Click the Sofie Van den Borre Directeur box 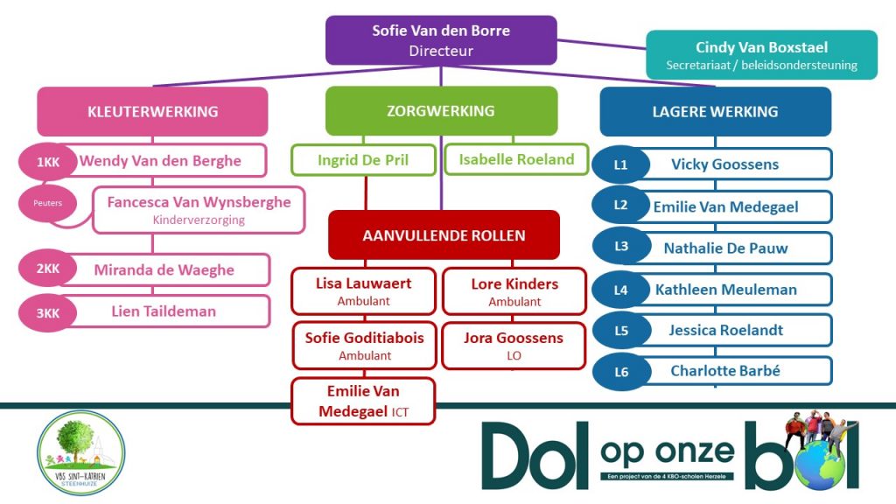pyautogui.click(x=441, y=40)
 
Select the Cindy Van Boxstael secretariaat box pyautogui.click(x=761, y=55)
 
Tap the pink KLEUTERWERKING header pyautogui.click(x=152, y=111)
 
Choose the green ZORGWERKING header pyautogui.click(x=441, y=111)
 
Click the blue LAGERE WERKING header pyautogui.click(x=715, y=111)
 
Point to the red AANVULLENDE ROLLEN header pyautogui.click(x=444, y=235)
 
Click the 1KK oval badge pyautogui.click(x=47, y=162)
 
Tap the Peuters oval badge pyautogui.click(x=48, y=203)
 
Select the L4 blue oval pyautogui.click(x=620, y=290)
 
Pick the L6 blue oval pyautogui.click(x=620, y=372)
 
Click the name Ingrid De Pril pyautogui.click(x=363, y=160)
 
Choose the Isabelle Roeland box pyautogui.click(x=516, y=159)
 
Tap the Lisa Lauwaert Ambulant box pyautogui.click(x=363, y=291)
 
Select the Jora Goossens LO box pyautogui.click(x=514, y=346)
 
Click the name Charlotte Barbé pyautogui.click(x=724, y=371)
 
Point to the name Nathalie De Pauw pyautogui.click(x=724, y=248)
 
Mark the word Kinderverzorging pyautogui.click(x=199, y=220)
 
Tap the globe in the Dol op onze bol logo pyautogui.click(x=822, y=465)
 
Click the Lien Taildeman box pyautogui.click(x=163, y=311)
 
